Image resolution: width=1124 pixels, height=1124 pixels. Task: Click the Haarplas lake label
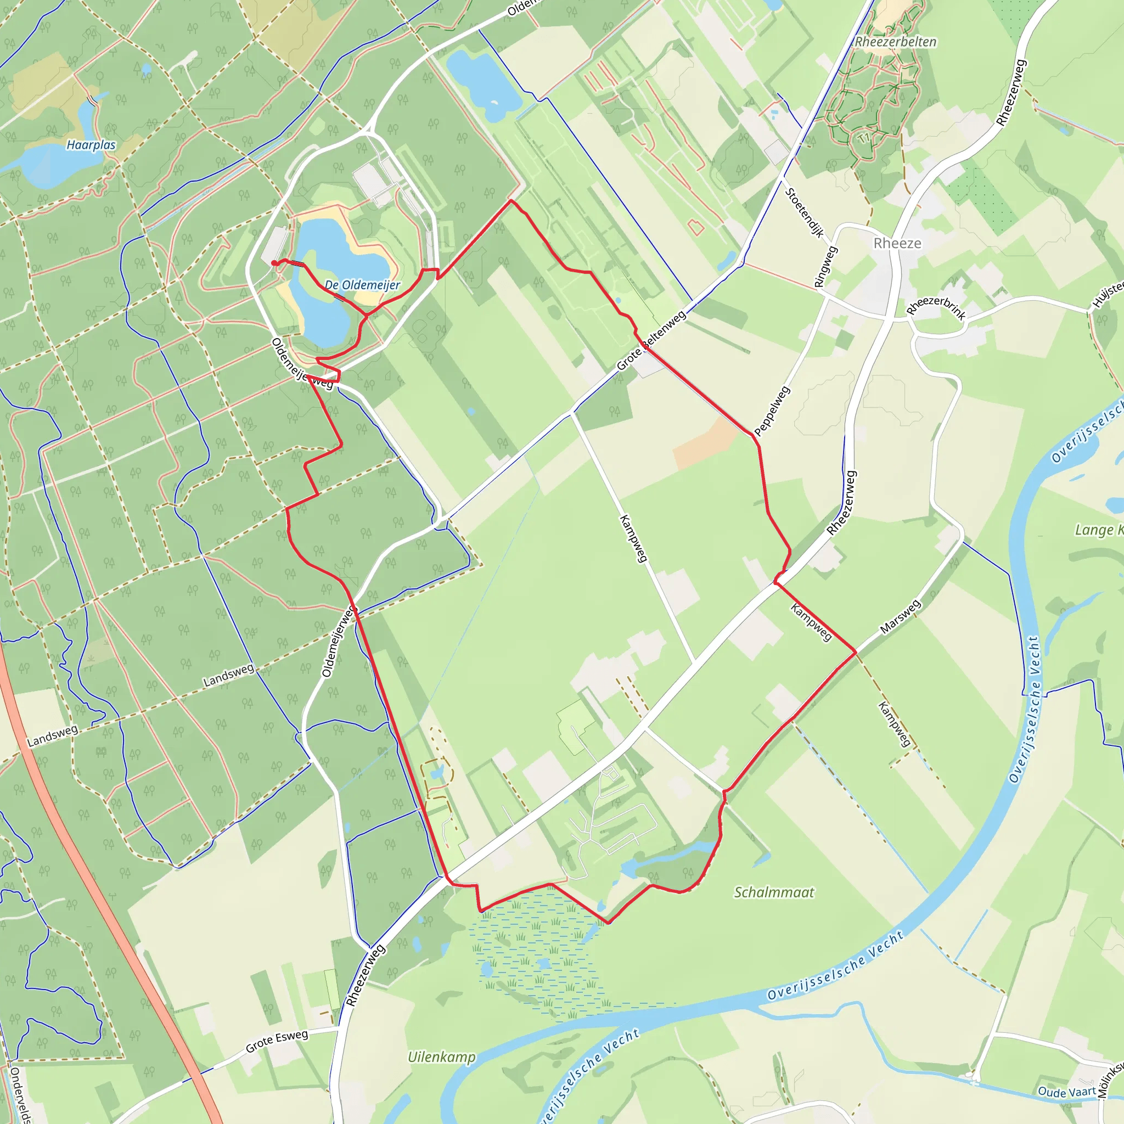point(91,145)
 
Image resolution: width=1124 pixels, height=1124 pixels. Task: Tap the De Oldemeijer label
point(362,285)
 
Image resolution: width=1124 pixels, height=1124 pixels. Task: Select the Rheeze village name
point(897,243)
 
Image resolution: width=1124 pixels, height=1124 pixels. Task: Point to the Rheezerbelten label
point(895,42)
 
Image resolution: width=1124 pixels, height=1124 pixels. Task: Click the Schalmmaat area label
point(774,892)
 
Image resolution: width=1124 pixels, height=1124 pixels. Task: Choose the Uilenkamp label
point(442,1057)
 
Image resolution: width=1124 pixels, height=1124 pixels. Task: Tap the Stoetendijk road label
point(804,213)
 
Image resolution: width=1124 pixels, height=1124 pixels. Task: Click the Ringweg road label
point(825,267)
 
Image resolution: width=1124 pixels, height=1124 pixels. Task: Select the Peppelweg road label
point(772,411)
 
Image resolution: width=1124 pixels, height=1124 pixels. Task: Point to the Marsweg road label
point(900,617)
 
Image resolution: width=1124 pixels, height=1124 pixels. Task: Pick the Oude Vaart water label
point(1066,1092)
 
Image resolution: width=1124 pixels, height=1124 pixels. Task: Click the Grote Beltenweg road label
point(651,340)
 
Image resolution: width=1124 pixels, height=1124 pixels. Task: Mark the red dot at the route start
point(274,263)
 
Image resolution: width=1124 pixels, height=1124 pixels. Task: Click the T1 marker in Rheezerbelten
point(863,138)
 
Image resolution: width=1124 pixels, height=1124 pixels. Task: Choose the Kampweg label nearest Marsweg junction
point(811,622)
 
